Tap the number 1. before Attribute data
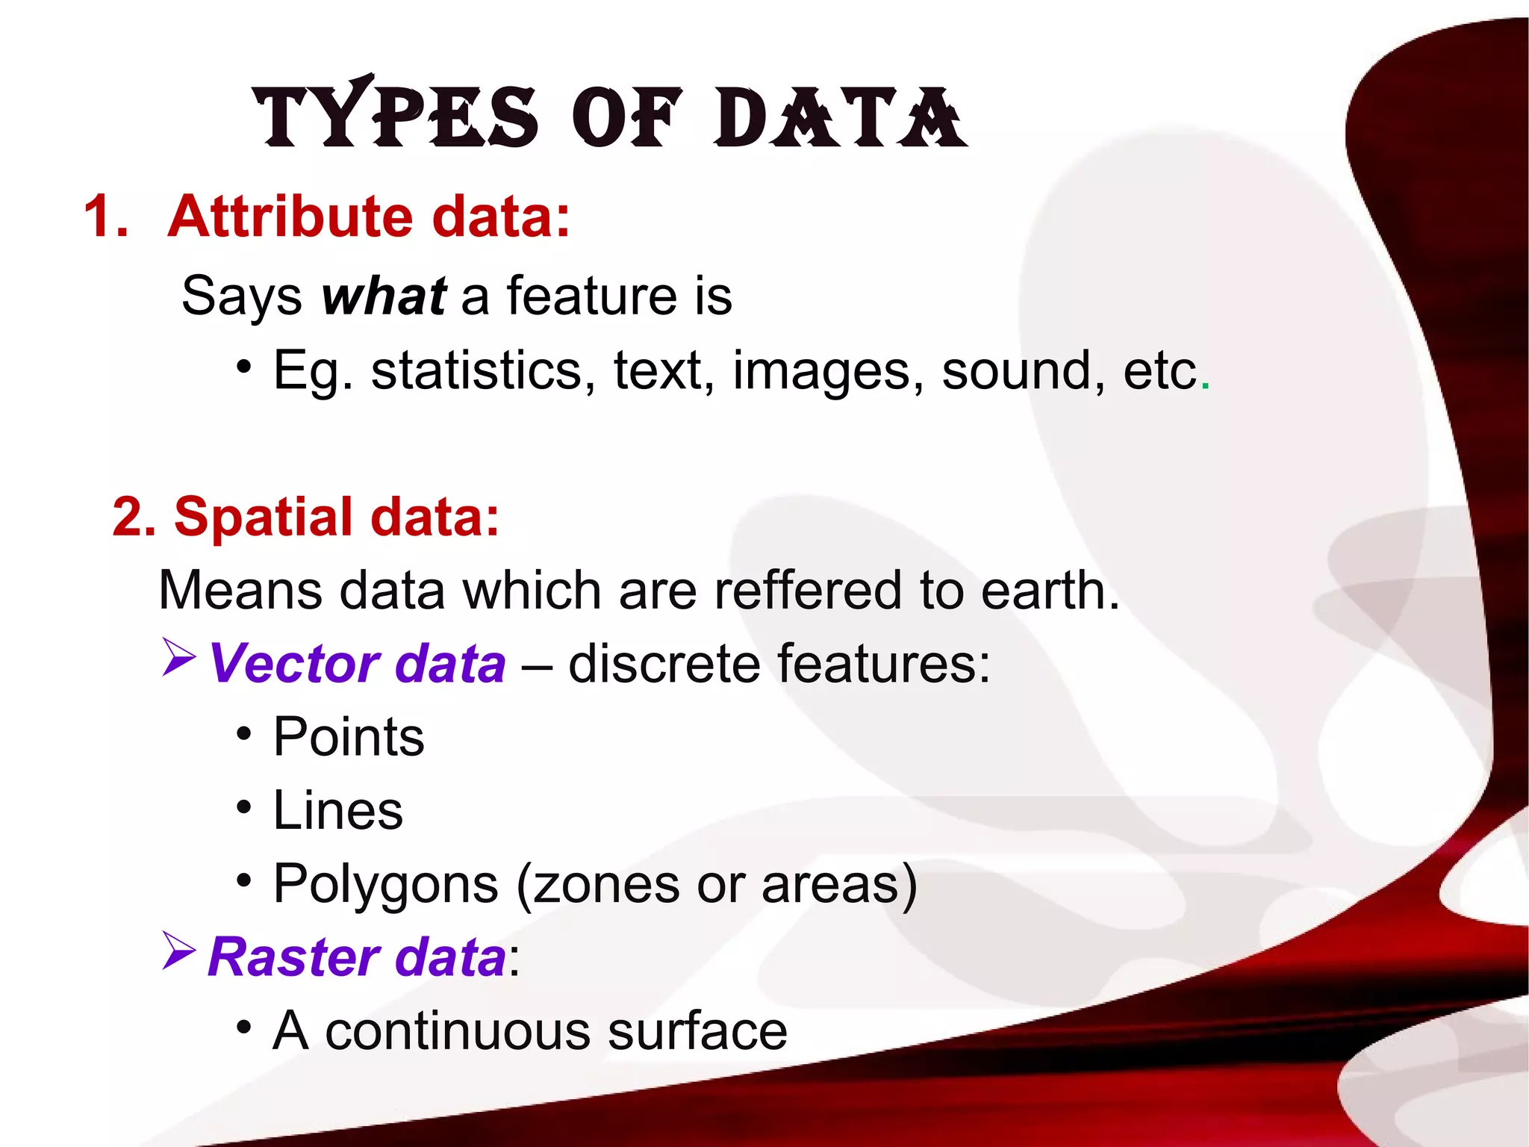pyautogui.click(x=106, y=217)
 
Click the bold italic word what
pyautogui.click(x=384, y=296)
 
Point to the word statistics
pyautogui.click(x=476, y=370)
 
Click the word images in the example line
pyautogui.click(x=822, y=372)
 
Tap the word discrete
pyautogui.click(x=664, y=664)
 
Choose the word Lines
pyautogui.click(x=337, y=811)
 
